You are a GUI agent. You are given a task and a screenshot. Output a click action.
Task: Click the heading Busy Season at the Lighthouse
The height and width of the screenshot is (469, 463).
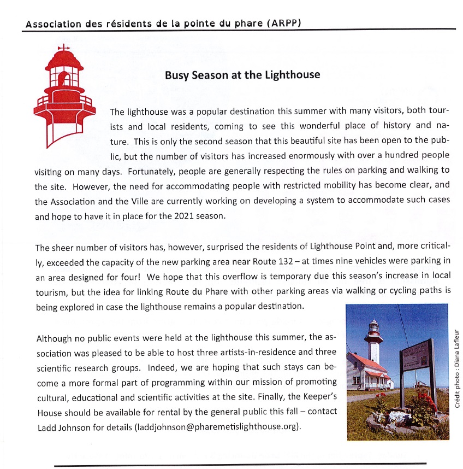coord(242,75)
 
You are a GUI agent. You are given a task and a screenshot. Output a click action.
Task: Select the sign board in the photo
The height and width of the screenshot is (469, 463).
coord(417,361)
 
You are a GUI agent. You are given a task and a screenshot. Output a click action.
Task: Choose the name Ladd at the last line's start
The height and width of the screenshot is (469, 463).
coord(46,426)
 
